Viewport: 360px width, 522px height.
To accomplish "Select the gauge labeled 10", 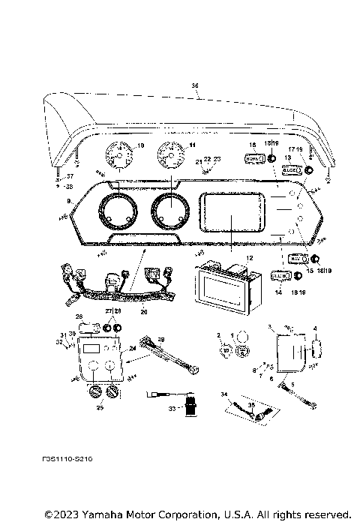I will (x=118, y=158).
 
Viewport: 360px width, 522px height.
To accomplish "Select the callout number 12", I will (x=240, y=257).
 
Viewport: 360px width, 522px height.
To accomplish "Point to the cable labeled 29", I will (x=176, y=355).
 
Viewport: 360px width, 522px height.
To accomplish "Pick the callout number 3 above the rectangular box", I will (x=270, y=327).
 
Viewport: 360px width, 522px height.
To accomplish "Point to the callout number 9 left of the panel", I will (x=70, y=201).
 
